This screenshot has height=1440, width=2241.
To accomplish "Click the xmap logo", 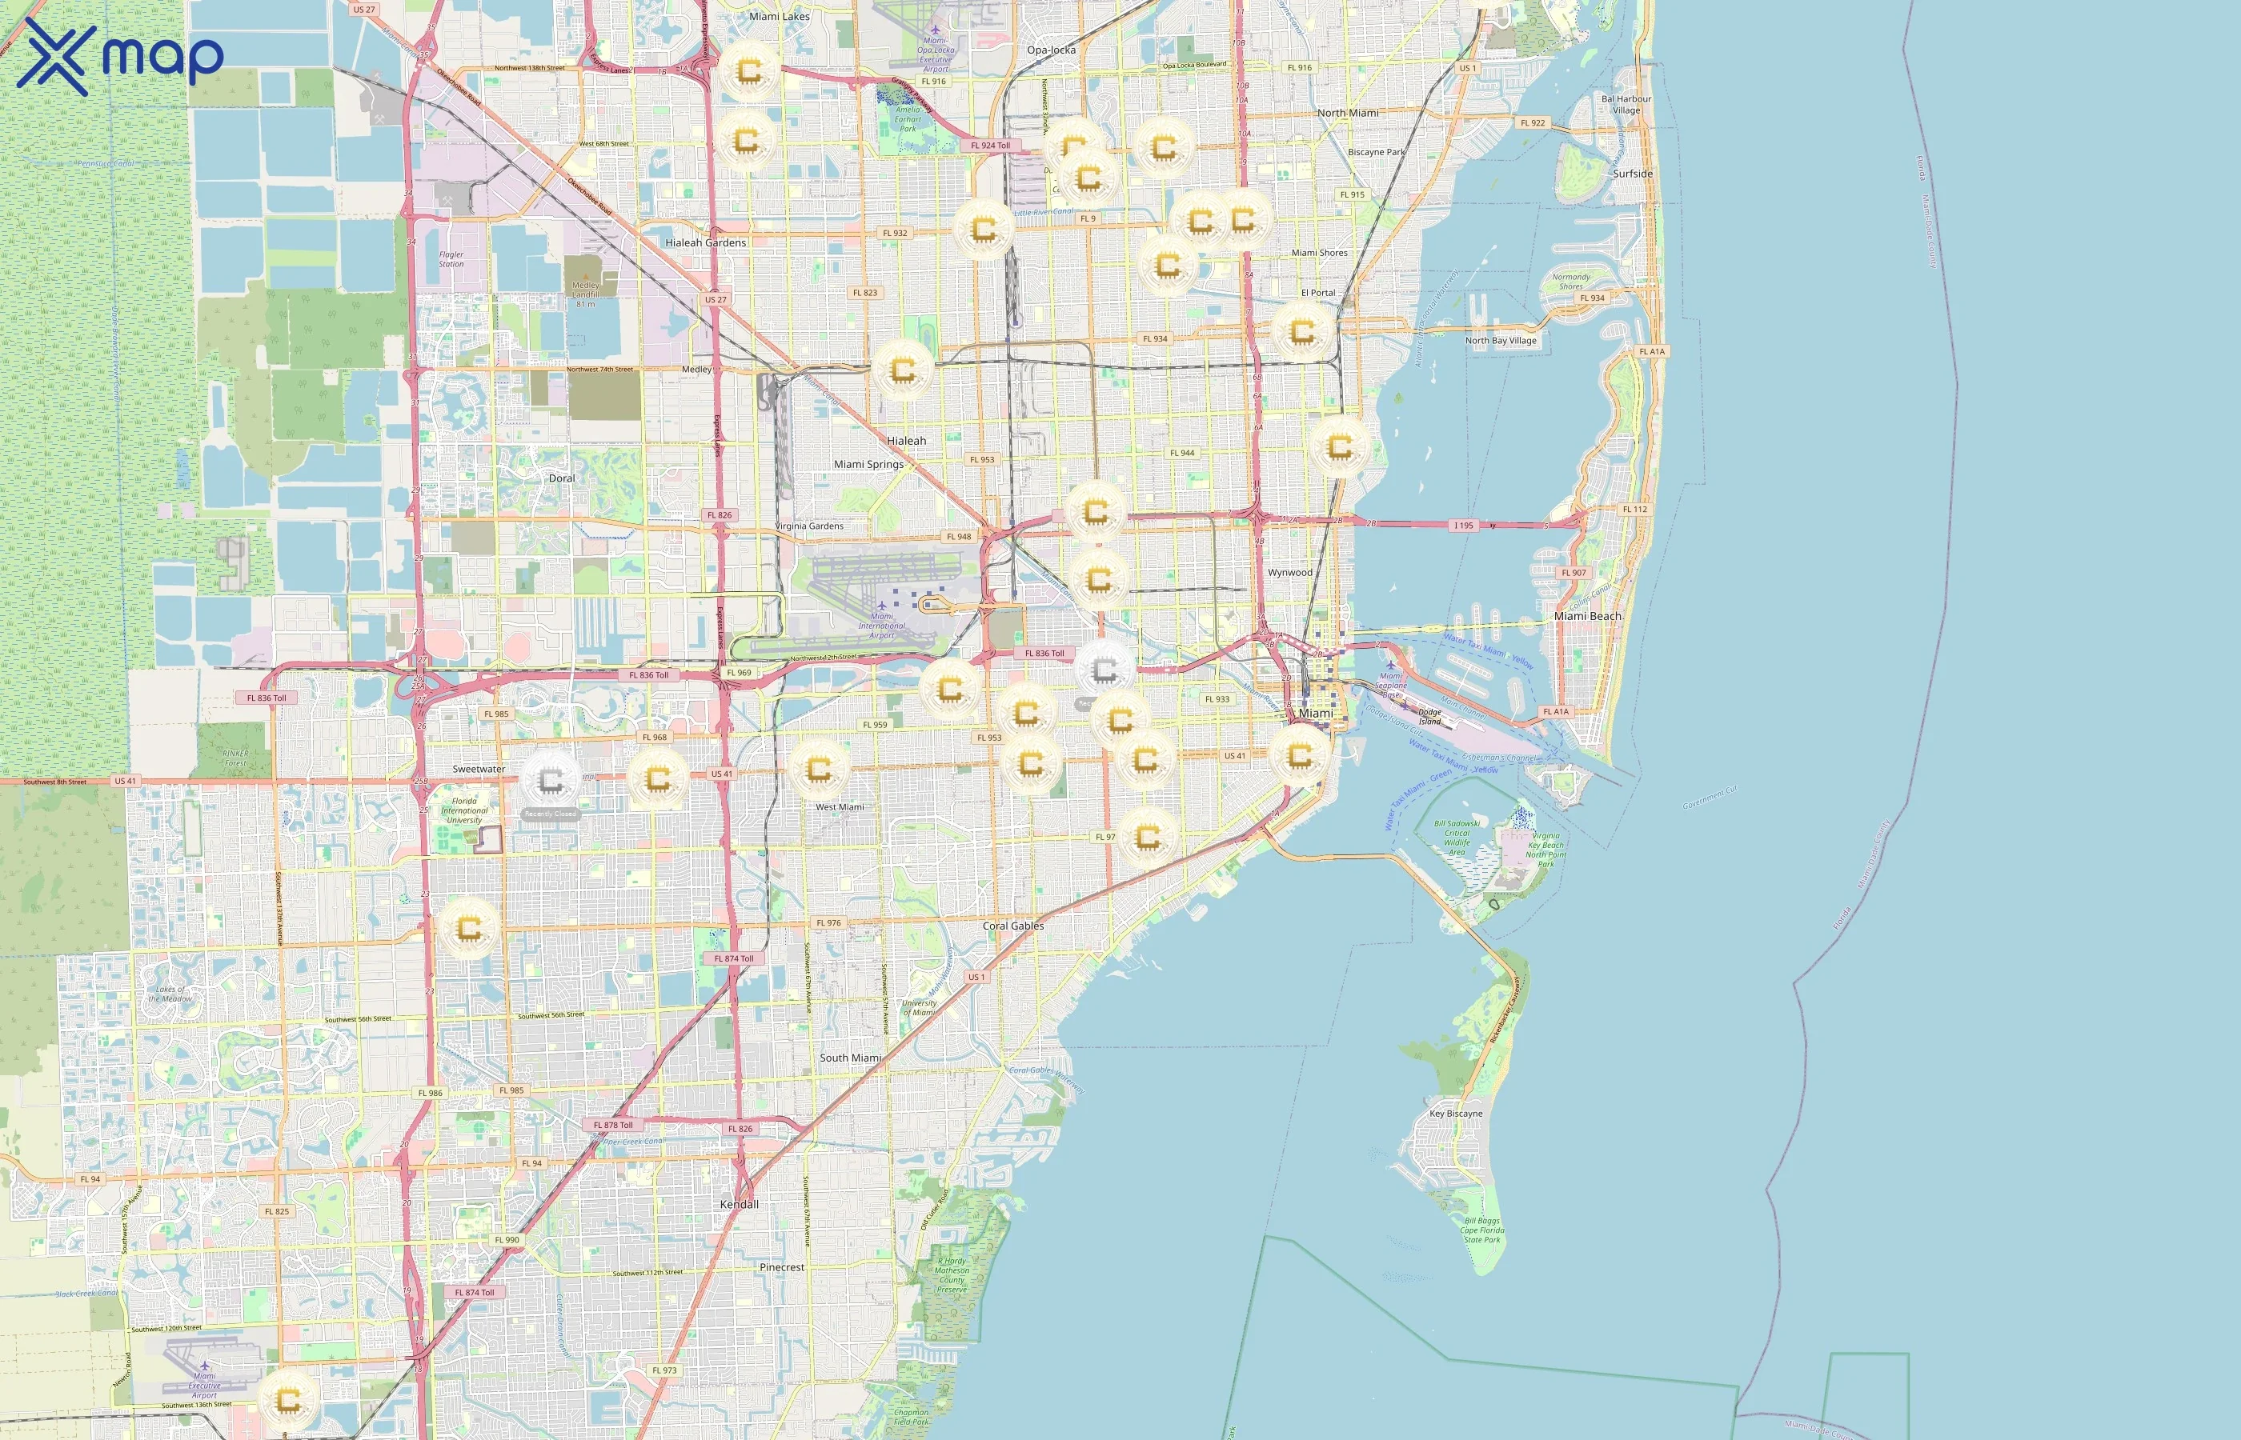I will pyautogui.click(x=120, y=56).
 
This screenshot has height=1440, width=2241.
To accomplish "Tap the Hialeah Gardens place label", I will pyautogui.click(x=705, y=243).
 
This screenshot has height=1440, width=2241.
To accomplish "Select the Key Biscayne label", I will pyautogui.click(x=1455, y=1114).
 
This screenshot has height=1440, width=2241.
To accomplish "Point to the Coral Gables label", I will pyautogui.click(x=1013, y=926).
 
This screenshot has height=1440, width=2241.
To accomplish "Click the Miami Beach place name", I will pyautogui.click(x=1587, y=616).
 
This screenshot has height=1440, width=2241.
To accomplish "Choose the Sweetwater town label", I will pyautogui.click(x=479, y=770).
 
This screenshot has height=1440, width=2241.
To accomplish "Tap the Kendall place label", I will pyautogui.click(x=739, y=1204).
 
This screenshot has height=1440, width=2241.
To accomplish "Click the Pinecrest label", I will pyautogui.click(x=782, y=1268).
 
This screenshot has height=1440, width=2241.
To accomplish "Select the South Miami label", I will pyautogui.click(x=850, y=1058).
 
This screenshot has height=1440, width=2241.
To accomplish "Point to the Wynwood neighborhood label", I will pyautogui.click(x=1290, y=572).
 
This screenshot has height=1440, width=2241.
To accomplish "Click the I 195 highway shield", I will pyautogui.click(x=1464, y=526).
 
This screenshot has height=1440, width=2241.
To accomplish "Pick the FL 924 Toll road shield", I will pyautogui.click(x=991, y=146).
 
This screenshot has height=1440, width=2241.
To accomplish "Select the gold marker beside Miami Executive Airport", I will pyautogui.click(x=288, y=1400).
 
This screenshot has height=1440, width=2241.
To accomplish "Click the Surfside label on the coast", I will pyautogui.click(x=1632, y=174).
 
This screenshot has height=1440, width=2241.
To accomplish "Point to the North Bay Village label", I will pyautogui.click(x=1500, y=340).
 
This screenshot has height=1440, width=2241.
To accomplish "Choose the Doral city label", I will pyautogui.click(x=561, y=478).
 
